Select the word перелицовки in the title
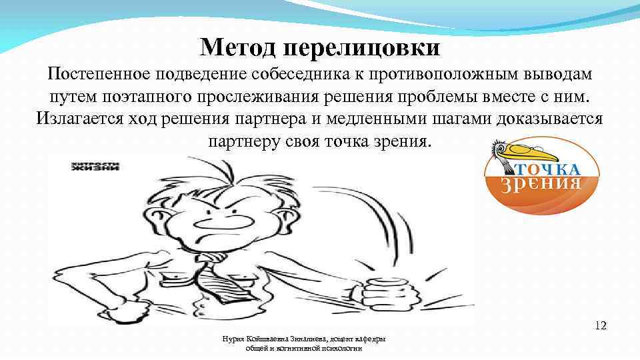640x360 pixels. [x=361, y=48]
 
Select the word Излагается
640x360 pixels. [x=77, y=120]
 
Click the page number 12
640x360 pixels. [x=601, y=326]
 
